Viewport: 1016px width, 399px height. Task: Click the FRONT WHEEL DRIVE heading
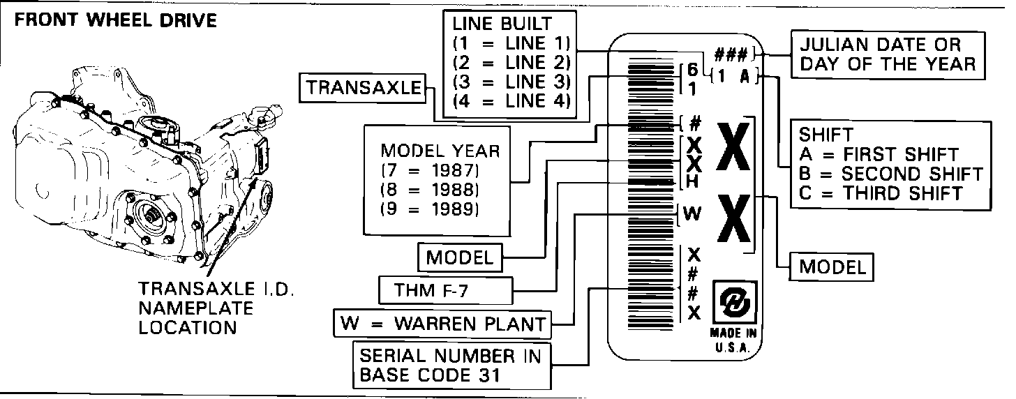(x=115, y=20)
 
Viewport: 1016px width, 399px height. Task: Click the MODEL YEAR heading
(x=440, y=151)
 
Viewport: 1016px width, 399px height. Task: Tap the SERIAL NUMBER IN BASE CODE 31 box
(x=450, y=366)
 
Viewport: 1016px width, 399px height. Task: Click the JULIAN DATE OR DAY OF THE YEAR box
(x=888, y=54)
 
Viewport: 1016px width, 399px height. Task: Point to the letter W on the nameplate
(x=692, y=215)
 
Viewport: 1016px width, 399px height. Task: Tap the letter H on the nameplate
(x=692, y=181)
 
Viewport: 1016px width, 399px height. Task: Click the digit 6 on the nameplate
(x=692, y=70)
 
